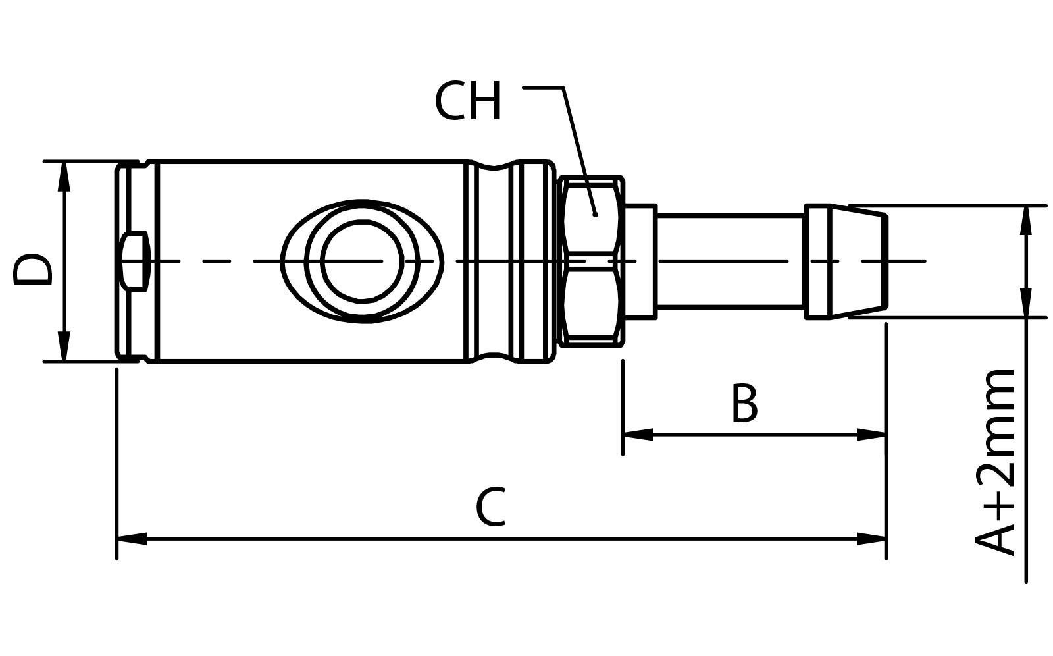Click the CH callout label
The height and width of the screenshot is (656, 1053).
coord(468,102)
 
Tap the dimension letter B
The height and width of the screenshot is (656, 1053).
coord(744,403)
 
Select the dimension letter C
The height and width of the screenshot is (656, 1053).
coord(491,507)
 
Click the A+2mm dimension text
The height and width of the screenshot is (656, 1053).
coord(996,461)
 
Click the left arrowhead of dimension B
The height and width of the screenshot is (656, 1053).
coord(637,434)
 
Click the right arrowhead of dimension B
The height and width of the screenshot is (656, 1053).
coord(871,434)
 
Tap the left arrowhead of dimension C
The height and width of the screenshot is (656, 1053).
coord(132,538)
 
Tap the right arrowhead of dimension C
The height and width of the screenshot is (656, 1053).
coord(871,538)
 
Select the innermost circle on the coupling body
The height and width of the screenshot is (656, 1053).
coord(361,261)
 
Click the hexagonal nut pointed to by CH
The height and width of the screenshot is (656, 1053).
coord(591,261)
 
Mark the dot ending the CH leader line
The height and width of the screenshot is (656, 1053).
coord(595,214)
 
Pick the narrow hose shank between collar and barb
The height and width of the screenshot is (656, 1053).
coord(729,261)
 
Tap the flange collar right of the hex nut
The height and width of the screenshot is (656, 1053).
coord(640,261)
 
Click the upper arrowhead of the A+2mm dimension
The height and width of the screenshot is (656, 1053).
coord(1025,221)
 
